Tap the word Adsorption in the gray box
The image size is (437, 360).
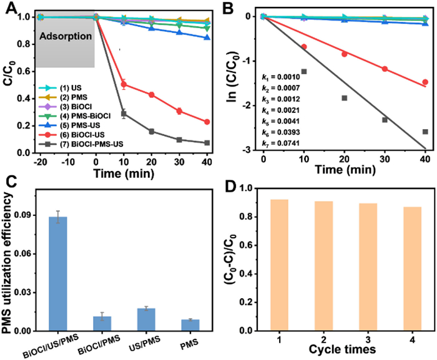66,37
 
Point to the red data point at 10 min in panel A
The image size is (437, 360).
124,84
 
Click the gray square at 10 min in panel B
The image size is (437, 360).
304,71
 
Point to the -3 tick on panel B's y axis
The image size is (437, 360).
252,150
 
